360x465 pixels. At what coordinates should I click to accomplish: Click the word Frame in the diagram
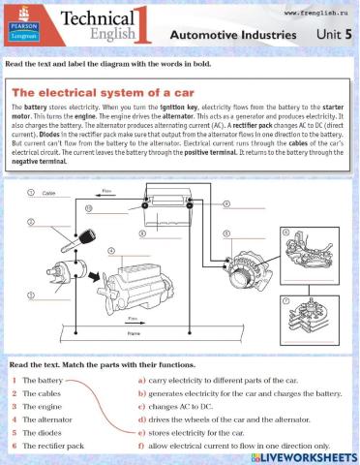(134, 333)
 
